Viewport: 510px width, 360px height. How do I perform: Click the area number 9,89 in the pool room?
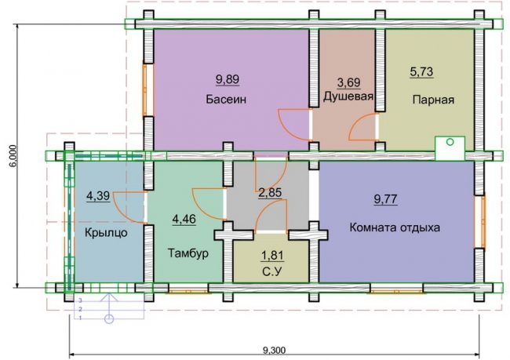pyautogui.click(x=228, y=79)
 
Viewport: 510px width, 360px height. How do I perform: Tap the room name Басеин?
pyautogui.click(x=226, y=99)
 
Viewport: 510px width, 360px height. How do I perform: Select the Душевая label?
pyautogui.click(x=348, y=96)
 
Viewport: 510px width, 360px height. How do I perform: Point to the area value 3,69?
pyautogui.click(x=348, y=82)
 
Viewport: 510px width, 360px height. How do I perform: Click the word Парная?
pyautogui.click(x=433, y=100)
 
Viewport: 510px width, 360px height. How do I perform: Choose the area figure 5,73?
pyautogui.click(x=421, y=71)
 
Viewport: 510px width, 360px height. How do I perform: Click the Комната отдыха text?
pyautogui.click(x=395, y=227)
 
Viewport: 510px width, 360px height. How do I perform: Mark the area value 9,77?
pyautogui.click(x=385, y=198)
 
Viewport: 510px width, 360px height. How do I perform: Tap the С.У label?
pyautogui.click(x=272, y=271)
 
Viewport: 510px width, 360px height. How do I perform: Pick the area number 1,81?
pyautogui.click(x=272, y=256)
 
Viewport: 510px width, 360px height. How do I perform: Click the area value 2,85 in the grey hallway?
pyautogui.click(x=270, y=193)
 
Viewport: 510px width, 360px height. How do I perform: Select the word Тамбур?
pyautogui.click(x=188, y=253)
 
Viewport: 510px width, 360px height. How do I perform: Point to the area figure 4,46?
pyautogui.click(x=184, y=220)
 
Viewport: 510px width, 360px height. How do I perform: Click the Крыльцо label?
pyautogui.click(x=107, y=233)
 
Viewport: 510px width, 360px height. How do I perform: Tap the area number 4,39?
pyautogui.click(x=98, y=197)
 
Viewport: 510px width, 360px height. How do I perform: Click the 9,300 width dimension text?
pyautogui.click(x=274, y=351)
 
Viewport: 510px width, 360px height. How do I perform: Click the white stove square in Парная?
pyautogui.click(x=450, y=148)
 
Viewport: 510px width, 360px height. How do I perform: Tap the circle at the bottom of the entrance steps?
pyautogui.click(x=110, y=319)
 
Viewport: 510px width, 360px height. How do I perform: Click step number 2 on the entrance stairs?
pyautogui.click(x=80, y=308)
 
